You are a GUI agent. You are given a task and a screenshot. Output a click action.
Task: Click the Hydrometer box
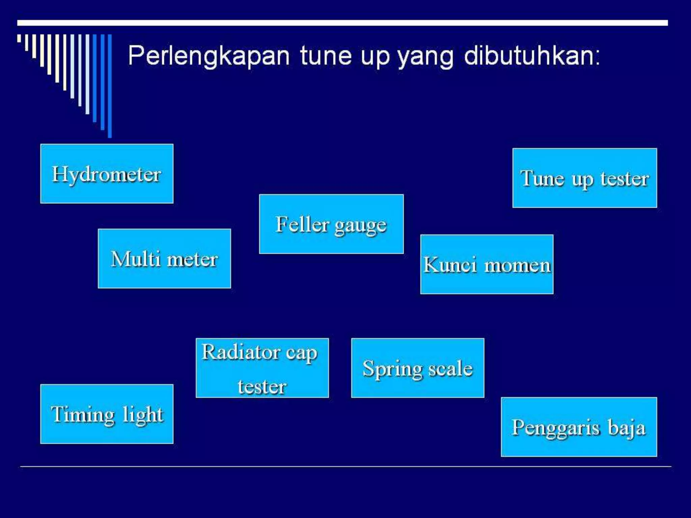coord(107,174)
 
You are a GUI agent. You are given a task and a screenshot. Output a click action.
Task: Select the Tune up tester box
coord(584,178)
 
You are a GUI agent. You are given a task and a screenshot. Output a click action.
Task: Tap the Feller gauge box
coord(331,224)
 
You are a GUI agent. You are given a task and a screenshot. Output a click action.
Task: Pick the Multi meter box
coord(164,259)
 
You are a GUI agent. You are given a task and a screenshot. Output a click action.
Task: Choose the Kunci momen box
coord(487,264)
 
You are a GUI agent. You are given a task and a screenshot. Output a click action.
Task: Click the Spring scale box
coord(417,368)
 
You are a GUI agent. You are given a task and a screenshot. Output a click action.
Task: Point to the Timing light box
coord(107,414)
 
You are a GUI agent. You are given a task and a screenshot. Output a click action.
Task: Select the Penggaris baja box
coord(579,427)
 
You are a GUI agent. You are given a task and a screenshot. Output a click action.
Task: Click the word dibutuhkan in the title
coord(531,56)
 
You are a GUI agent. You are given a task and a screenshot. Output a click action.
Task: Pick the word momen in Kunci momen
coord(517,265)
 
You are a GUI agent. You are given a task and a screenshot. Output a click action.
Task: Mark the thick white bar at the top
coord(342,23)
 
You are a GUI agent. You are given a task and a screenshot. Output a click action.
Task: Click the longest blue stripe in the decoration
coord(110,86)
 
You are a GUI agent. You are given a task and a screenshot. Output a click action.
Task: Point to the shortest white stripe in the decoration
coord(19,38)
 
